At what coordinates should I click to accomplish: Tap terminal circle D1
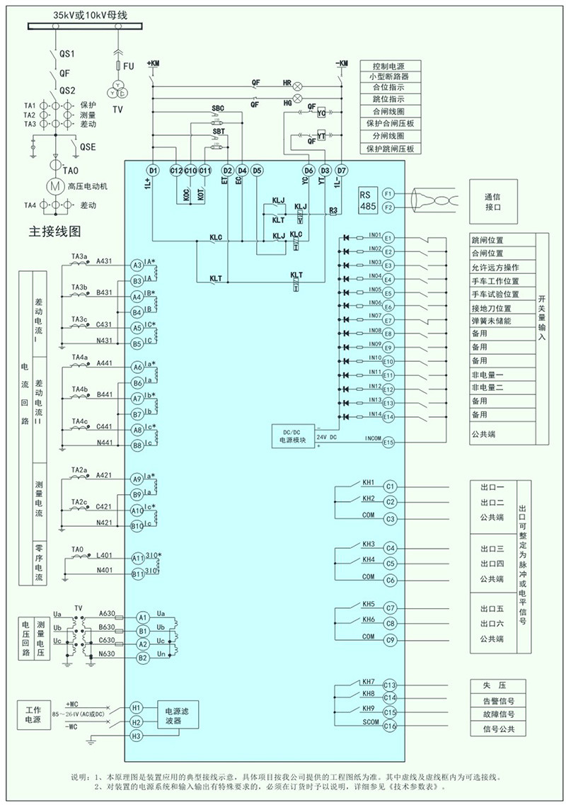[x=152, y=171]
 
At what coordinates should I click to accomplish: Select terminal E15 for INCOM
[x=388, y=441]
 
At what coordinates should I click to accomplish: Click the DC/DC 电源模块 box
[x=294, y=435]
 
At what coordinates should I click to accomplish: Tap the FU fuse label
[x=128, y=66]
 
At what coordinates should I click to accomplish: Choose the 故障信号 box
[x=498, y=714]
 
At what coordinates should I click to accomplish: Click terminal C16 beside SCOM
[x=389, y=726]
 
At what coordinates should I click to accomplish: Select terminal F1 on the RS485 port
[x=388, y=193]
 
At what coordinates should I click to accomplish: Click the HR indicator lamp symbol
[x=298, y=84]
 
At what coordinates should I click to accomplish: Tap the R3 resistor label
[x=334, y=210]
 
